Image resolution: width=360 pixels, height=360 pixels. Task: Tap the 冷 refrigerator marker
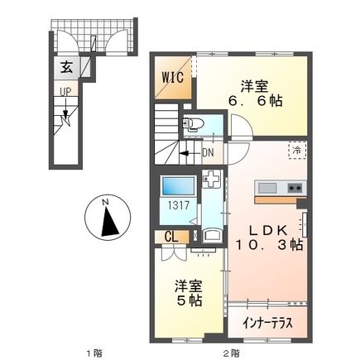[295, 150]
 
